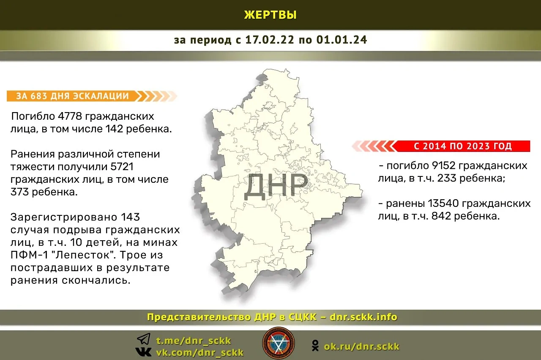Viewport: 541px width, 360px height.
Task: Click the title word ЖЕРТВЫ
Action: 270,15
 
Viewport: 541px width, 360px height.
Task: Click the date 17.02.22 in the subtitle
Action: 270,40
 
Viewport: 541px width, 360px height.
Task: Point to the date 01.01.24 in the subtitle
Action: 342,40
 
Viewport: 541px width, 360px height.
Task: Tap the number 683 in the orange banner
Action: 38,96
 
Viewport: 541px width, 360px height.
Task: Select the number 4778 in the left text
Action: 70,116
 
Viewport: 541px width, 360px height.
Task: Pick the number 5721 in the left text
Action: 122,167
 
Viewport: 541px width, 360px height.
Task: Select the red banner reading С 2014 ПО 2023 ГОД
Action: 462,146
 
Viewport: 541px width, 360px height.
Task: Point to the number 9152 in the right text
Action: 444,166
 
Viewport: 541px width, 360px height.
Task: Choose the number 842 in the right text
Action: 441,216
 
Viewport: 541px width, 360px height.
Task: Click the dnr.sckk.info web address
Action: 363,317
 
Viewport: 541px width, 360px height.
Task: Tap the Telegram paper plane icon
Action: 144,339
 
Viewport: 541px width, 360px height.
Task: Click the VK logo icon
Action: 143,352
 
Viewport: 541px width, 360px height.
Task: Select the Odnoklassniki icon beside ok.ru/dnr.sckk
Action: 315,346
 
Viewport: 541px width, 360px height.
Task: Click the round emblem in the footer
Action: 279,343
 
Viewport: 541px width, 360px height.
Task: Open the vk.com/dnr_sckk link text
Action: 200,352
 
